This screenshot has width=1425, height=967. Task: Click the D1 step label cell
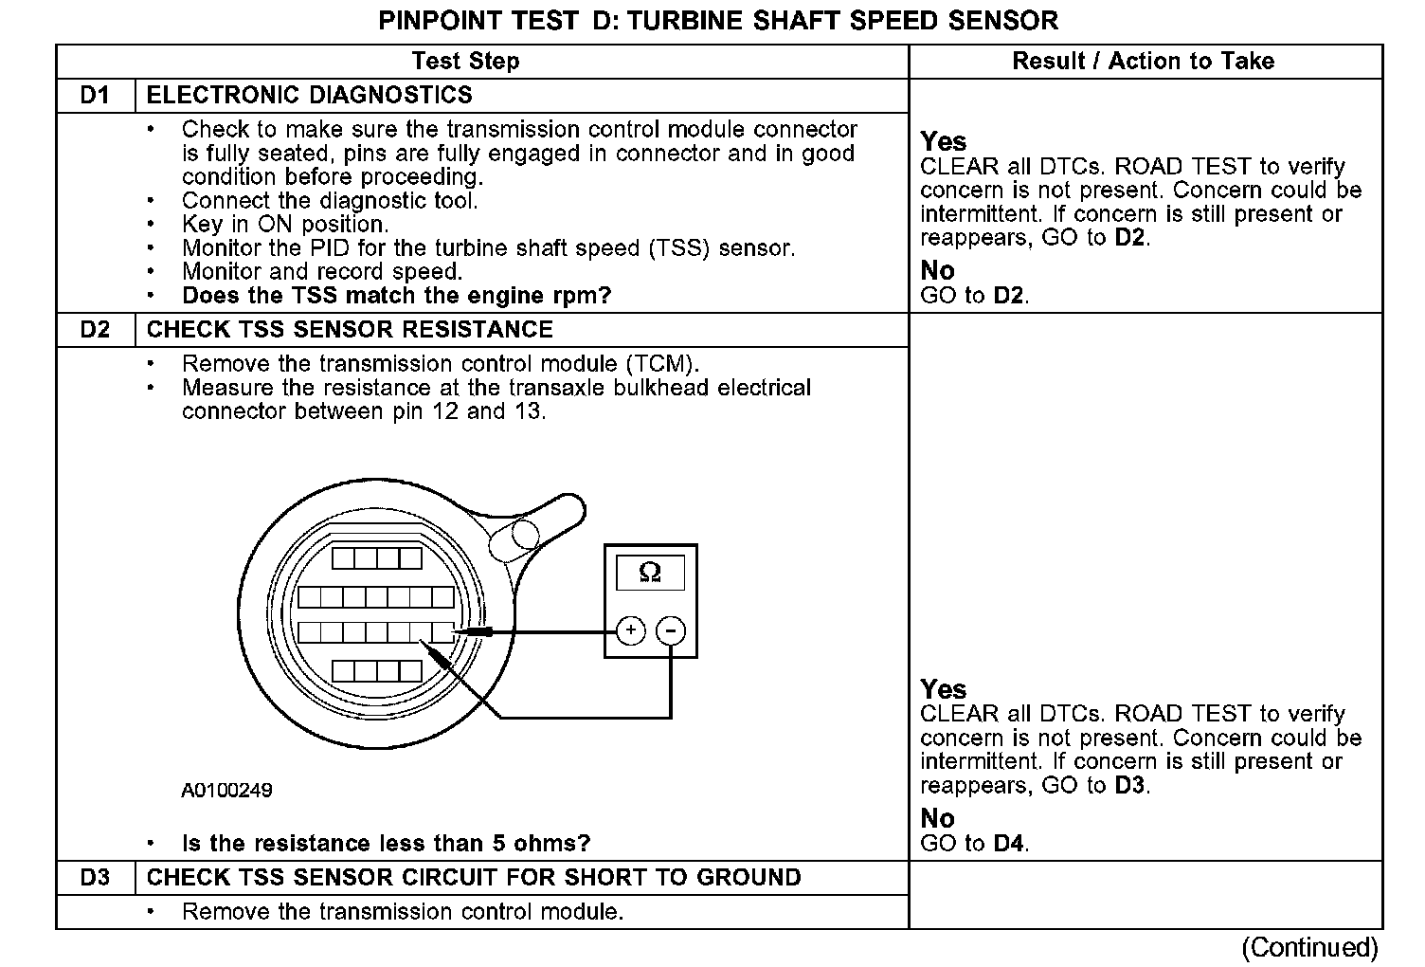tap(95, 95)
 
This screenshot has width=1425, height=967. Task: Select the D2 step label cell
tap(95, 329)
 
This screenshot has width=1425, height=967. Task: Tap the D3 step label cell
tap(95, 877)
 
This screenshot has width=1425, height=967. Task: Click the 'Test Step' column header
tap(465, 62)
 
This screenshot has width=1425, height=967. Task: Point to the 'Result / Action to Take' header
tap(1143, 62)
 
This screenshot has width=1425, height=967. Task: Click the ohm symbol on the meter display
tap(650, 572)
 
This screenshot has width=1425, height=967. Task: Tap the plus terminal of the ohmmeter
tap(631, 630)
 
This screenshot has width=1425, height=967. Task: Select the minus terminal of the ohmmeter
tap(671, 630)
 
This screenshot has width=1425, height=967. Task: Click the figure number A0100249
tap(227, 790)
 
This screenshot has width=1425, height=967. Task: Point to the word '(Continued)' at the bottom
tap(1309, 947)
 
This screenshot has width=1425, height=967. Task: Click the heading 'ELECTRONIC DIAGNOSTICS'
tap(310, 95)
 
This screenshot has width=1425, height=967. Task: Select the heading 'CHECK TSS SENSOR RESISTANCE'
tap(350, 329)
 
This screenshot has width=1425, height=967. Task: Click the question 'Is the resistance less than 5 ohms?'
tap(386, 843)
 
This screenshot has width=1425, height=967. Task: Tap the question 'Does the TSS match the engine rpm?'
tap(396, 295)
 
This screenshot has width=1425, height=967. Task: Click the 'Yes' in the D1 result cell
tap(943, 141)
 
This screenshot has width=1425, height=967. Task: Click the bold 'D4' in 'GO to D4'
tap(1010, 842)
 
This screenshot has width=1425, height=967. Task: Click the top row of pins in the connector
tap(376, 557)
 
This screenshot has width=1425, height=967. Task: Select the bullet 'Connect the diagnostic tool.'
tap(330, 200)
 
